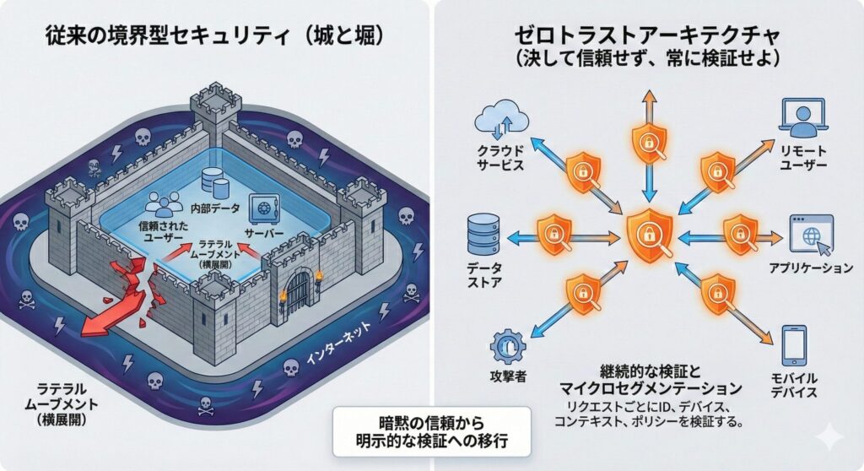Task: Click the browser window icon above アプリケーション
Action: (810, 234)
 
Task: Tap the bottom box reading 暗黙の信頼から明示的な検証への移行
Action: (431, 430)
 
